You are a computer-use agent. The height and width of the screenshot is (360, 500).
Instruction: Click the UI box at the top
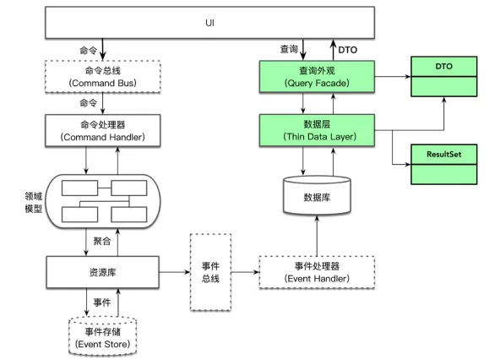point(209,23)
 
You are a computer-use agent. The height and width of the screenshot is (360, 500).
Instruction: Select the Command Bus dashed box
point(103,77)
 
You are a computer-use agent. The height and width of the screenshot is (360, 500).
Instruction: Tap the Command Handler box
point(103,130)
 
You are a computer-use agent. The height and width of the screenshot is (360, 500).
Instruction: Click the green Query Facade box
point(317,77)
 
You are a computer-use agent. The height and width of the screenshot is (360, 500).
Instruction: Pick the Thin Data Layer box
point(317,130)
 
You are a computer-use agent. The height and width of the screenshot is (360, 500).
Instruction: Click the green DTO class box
point(444,77)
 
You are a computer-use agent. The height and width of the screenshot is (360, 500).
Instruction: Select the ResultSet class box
point(444,164)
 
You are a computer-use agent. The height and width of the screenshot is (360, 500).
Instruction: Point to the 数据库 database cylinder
point(317,195)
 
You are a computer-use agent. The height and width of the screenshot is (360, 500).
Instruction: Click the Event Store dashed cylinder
point(103,336)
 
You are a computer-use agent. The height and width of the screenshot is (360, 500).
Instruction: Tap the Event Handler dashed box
point(317,272)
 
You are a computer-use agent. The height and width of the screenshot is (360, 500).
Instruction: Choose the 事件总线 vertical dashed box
point(210,272)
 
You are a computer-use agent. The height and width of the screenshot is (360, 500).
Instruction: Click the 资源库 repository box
point(103,272)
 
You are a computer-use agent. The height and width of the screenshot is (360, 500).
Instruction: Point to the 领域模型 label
point(34,202)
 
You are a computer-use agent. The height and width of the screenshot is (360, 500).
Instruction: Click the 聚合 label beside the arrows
point(102,241)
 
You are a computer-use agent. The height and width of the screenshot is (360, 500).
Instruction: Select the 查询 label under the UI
point(289,49)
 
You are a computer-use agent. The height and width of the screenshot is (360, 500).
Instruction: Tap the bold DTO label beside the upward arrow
point(348,50)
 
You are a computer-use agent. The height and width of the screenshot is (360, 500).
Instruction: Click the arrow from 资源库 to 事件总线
point(175,272)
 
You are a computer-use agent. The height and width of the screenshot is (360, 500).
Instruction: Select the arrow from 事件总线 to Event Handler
point(245,272)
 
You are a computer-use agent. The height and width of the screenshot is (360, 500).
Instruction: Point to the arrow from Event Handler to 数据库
point(317,236)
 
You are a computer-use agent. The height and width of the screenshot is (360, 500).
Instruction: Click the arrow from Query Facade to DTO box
point(393,77)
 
